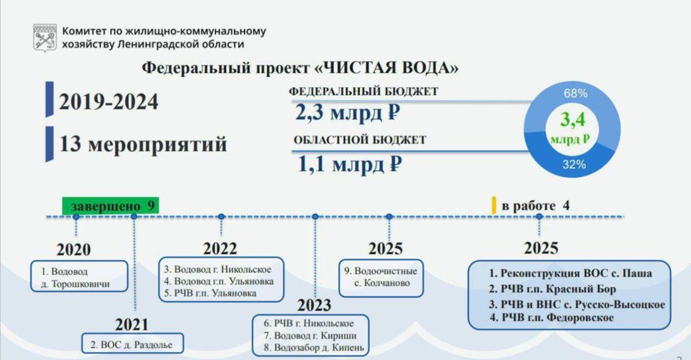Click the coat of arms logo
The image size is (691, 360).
click(45, 37)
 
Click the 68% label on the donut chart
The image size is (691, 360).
click(576, 94)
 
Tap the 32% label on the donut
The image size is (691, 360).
click(574, 165)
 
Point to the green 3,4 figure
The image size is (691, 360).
click(572, 120)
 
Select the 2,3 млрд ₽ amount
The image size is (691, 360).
click(347, 113)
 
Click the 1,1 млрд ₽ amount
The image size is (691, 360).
click(350, 165)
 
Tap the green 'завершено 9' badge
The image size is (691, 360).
click(111, 206)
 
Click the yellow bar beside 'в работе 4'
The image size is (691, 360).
click(494, 205)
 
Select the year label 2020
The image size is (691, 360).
click(73, 250)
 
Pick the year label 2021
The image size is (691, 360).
click(132, 325)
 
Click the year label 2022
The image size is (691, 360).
click(220, 249)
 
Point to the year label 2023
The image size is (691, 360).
click(315, 305)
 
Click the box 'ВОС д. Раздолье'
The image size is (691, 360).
click(132, 343)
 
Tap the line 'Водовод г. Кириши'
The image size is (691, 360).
click(310, 336)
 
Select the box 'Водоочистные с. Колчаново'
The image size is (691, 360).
click(381, 278)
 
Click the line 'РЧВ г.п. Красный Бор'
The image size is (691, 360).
click(552, 289)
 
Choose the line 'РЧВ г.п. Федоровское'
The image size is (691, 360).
click(552, 318)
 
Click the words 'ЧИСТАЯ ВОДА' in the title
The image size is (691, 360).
click(387, 68)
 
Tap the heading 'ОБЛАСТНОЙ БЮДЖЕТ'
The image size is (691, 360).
click(360, 140)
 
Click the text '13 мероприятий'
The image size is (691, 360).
click(143, 144)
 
